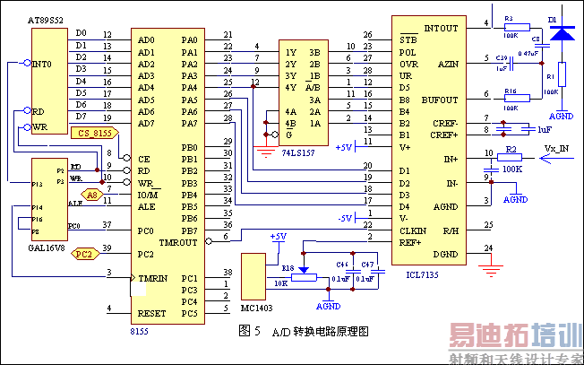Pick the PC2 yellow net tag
tap(83, 254)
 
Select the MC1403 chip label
tap(256, 308)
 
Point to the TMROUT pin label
tap(179, 243)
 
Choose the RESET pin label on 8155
tap(152, 314)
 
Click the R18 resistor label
tap(288, 268)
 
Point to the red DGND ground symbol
tap(488, 266)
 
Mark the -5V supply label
tap(346, 217)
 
